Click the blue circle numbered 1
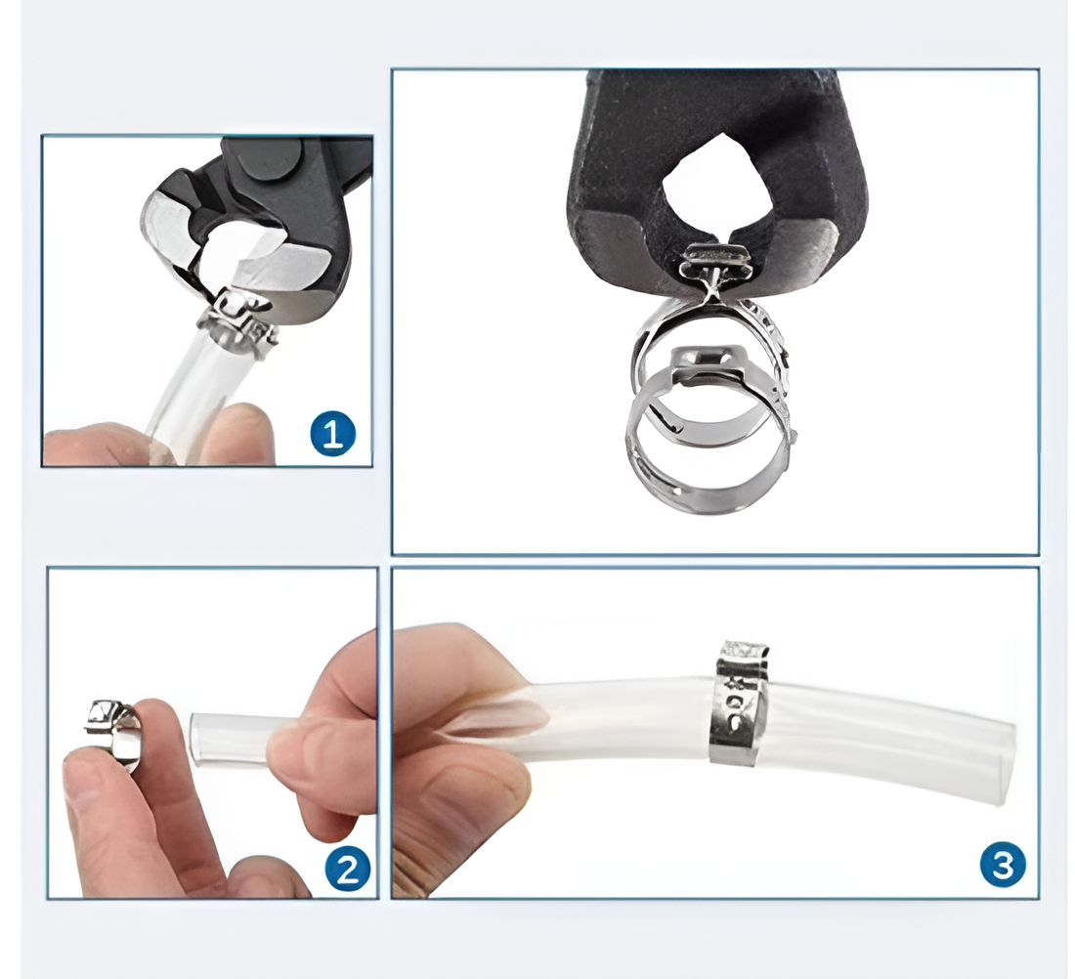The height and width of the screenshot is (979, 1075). point(333,434)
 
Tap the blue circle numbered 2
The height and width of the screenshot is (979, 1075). point(348,869)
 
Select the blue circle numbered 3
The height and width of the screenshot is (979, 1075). point(1003,866)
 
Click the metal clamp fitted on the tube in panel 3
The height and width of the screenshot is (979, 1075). point(740,702)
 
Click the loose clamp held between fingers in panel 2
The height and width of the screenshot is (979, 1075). point(113,733)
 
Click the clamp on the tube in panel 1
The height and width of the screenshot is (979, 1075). point(240,322)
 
